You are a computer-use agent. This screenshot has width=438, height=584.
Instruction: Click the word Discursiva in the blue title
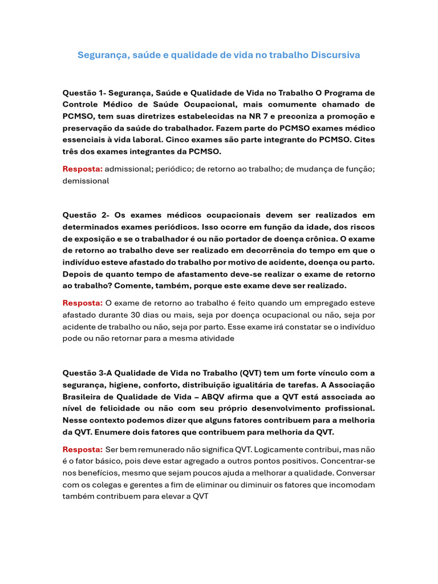335,55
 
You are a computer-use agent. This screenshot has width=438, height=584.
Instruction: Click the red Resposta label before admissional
82,169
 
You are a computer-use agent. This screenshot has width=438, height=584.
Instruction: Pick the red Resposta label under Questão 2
82,303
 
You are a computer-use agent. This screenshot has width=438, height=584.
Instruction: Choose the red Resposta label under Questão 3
82,449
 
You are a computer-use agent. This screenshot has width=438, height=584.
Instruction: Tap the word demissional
86,181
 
